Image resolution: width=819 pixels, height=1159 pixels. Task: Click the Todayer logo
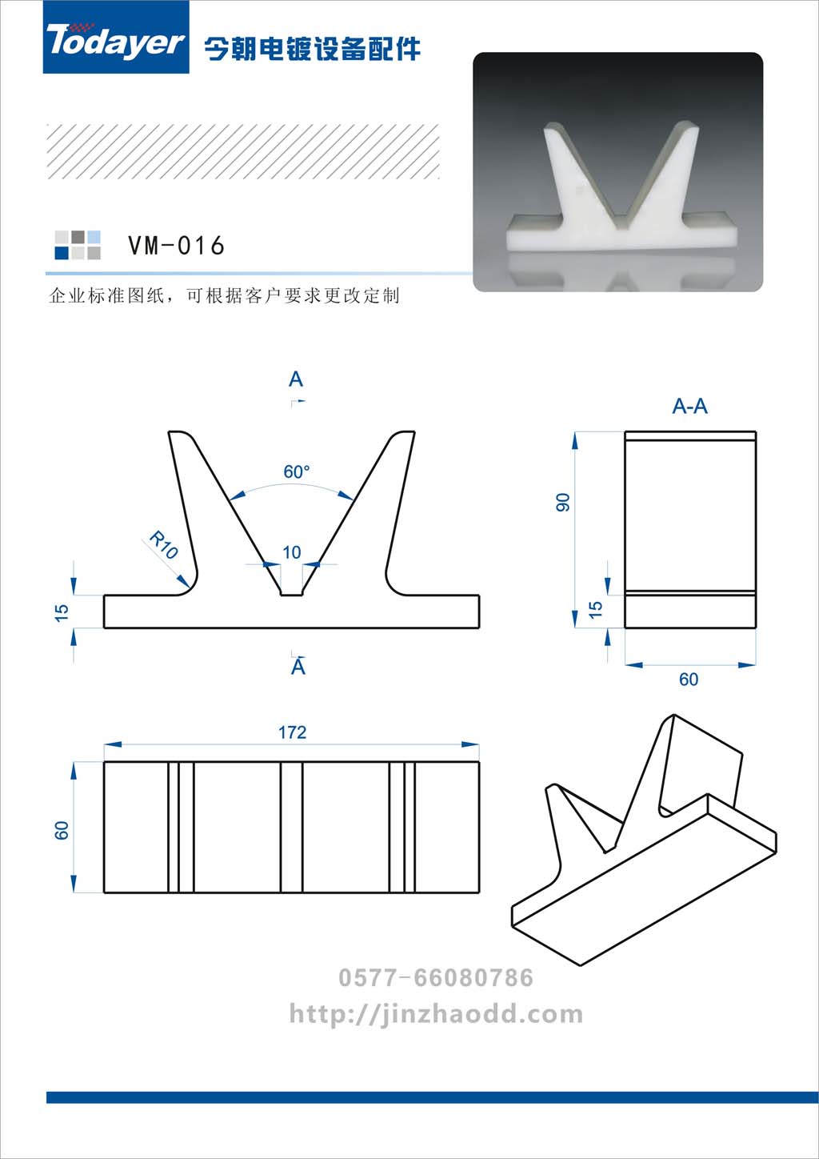(116, 38)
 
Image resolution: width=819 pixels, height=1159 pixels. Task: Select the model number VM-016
(176, 245)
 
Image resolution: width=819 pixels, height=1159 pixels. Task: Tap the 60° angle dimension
(296, 471)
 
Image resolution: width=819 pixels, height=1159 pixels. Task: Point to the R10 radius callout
(164, 545)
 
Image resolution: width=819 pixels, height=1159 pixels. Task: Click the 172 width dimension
(292, 732)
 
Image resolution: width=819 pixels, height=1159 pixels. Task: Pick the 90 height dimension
(562, 502)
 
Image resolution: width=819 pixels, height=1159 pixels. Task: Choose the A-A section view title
(689, 406)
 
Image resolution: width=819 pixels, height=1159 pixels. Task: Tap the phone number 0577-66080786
(436, 978)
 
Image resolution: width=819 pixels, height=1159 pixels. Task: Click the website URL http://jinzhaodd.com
(436, 1013)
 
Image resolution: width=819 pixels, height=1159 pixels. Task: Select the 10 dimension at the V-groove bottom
(292, 552)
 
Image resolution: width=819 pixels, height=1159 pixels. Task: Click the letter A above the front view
(296, 379)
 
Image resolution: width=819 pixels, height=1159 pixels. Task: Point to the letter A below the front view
(298, 667)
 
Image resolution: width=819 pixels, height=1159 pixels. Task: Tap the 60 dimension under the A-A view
(689, 679)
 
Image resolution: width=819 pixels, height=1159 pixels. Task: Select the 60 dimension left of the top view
(62, 830)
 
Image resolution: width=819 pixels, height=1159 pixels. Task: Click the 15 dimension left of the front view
(62, 612)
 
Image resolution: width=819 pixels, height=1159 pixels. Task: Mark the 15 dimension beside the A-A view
(596, 609)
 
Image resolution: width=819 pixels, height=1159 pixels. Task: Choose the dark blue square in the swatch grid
(62, 252)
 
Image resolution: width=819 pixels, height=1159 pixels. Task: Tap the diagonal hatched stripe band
(243, 151)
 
